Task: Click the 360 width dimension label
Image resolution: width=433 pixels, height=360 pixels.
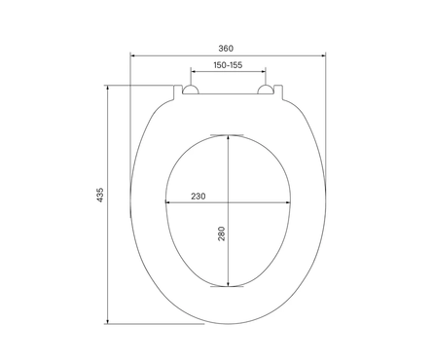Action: click(x=226, y=49)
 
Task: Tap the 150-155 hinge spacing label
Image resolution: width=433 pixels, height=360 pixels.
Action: click(x=228, y=65)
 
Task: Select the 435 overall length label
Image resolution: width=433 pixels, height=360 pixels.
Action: click(x=100, y=195)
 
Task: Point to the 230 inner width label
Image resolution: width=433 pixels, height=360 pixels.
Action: click(x=198, y=197)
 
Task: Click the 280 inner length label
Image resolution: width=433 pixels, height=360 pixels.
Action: click(x=221, y=234)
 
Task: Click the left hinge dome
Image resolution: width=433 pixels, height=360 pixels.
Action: click(x=190, y=90)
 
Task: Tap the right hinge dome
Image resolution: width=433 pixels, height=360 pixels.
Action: click(x=266, y=90)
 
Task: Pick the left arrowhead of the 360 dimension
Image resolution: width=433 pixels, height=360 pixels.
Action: click(x=132, y=55)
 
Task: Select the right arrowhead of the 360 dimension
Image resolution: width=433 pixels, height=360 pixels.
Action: click(x=323, y=55)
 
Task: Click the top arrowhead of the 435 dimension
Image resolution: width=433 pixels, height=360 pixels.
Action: click(x=108, y=88)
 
